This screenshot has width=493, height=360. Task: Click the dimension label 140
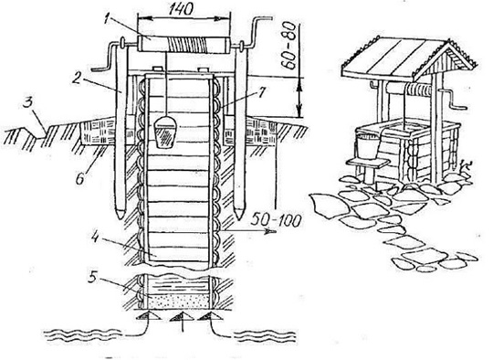[x=180, y=10]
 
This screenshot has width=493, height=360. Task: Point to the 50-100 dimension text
[x=275, y=220]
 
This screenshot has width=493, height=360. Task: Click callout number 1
[x=107, y=19]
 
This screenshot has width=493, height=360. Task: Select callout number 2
[x=76, y=79]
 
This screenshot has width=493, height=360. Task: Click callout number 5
[x=93, y=277]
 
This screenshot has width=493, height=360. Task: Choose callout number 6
[x=79, y=178]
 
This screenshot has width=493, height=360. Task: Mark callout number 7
[x=260, y=93]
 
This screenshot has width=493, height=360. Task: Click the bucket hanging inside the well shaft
[x=164, y=132]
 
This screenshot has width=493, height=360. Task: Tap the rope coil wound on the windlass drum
[x=187, y=45]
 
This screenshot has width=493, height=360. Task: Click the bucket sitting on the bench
[x=367, y=145]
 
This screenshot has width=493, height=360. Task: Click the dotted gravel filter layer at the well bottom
[x=179, y=302]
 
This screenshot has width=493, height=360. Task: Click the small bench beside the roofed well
[x=368, y=170]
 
